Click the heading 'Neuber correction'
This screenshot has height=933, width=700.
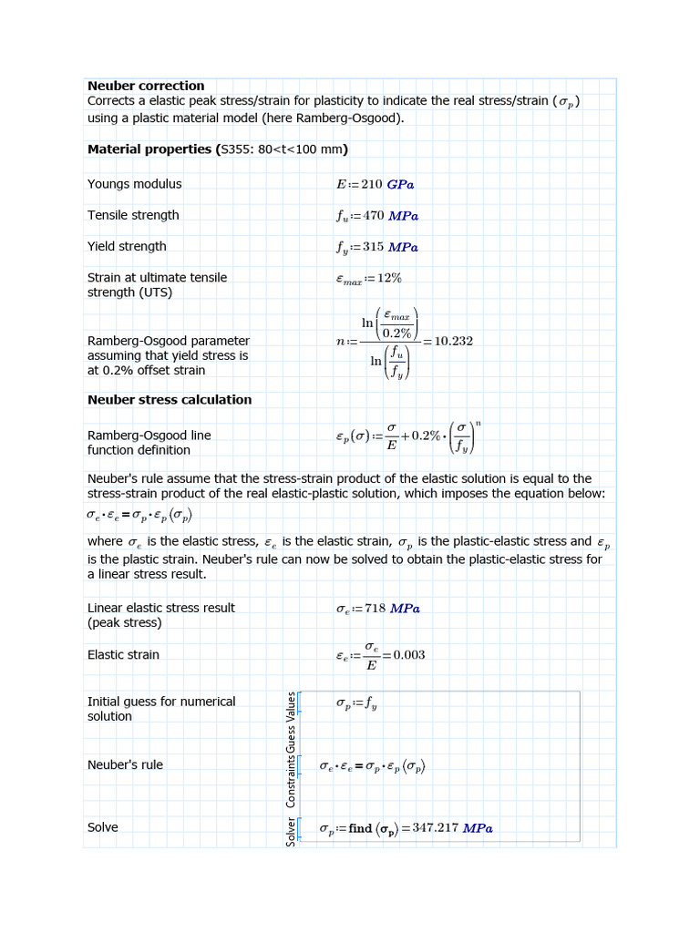146,86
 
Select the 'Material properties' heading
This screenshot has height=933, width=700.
150,149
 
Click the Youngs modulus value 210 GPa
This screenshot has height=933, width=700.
387,184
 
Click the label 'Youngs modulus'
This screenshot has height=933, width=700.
134,184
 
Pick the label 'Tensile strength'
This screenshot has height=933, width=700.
133,215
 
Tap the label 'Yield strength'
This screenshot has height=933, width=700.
127,246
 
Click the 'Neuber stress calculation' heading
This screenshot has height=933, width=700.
170,399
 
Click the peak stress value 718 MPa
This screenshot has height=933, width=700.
392,609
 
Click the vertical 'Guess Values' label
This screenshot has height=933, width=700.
292,721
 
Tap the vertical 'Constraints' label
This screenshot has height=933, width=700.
292,779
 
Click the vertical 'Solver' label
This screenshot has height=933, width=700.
292,830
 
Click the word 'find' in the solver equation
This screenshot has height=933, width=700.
360,828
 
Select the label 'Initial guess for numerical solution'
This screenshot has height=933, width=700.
161,709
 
